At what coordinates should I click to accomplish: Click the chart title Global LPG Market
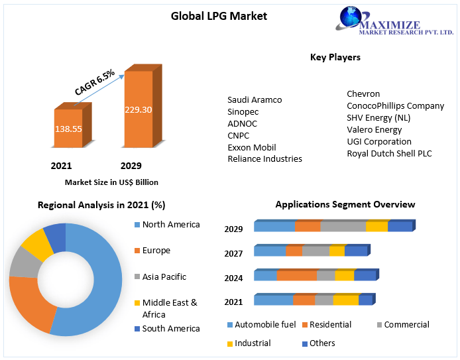coord(219,15)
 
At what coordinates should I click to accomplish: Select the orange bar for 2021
coord(68,129)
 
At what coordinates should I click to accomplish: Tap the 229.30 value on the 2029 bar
coord(138,110)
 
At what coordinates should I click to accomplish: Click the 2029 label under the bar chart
coord(131,165)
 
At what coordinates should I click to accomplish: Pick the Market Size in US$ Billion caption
coord(111,182)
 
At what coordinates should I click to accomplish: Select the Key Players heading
coord(335,57)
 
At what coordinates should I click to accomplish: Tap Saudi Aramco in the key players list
coord(255,99)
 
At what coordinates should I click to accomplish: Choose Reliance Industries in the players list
coord(264,158)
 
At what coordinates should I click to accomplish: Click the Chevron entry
coord(363,93)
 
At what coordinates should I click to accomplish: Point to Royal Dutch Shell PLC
coord(389,153)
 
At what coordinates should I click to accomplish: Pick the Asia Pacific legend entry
coord(164,276)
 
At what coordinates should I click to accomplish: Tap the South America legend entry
coord(170,328)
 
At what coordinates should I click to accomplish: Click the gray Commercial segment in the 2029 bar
coord(343,227)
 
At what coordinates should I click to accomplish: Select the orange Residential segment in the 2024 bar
coord(296,276)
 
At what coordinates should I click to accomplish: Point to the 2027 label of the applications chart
coord(233,253)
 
